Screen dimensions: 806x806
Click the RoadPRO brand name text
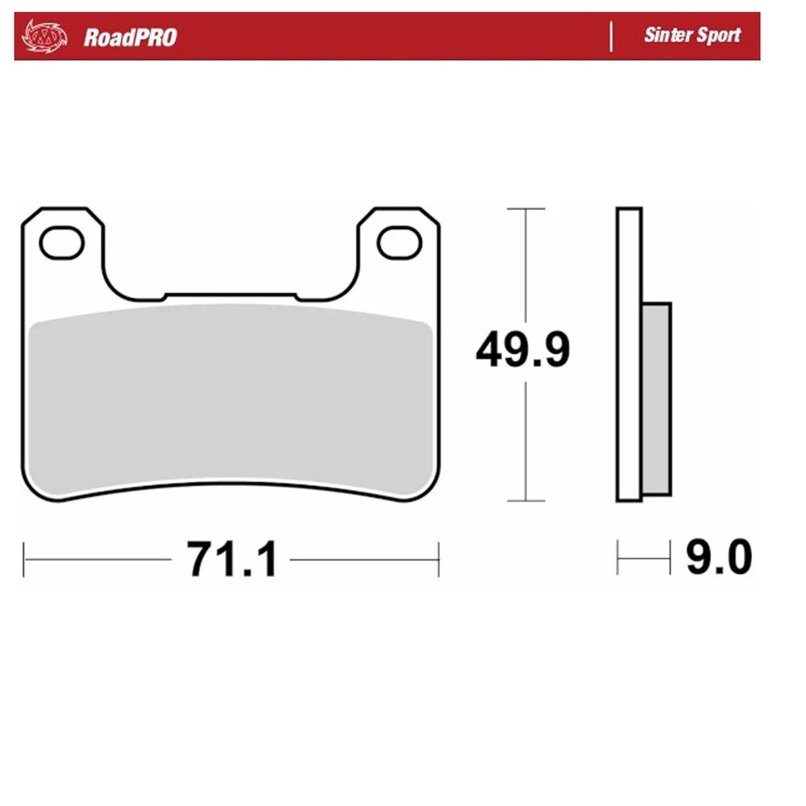[x=130, y=38]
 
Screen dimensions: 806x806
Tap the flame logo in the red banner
[x=44, y=36]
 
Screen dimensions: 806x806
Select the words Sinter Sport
[x=692, y=35]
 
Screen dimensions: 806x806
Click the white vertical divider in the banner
[x=611, y=36]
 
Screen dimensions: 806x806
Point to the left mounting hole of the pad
[x=62, y=243]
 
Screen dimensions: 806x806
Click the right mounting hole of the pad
[x=400, y=243]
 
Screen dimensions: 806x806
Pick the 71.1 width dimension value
[x=232, y=559]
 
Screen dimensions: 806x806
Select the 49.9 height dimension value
[x=523, y=350]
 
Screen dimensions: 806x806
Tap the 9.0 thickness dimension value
[x=719, y=557]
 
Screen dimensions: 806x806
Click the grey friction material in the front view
[x=231, y=398]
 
